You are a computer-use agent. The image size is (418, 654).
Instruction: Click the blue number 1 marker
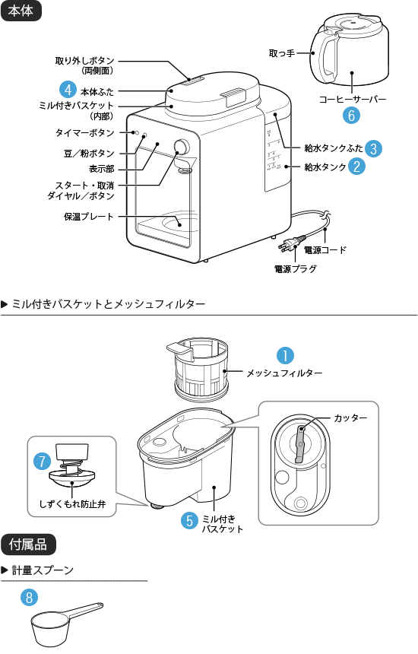(x=284, y=355)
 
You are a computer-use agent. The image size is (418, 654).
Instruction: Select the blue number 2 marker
(x=355, y=166)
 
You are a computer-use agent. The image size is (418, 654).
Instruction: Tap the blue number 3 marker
(x=373, y=149)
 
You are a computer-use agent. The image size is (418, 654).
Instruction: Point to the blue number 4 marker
(x=68, y=90)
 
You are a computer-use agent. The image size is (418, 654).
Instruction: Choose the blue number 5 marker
(x=189, y=521)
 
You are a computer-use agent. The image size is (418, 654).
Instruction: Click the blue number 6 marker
(x=350, y=115)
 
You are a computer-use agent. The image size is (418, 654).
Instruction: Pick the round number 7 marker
(x=43, y=461)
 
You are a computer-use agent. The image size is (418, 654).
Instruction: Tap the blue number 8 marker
(x=29, y=597)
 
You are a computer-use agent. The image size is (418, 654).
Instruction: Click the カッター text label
(x=350, y=418)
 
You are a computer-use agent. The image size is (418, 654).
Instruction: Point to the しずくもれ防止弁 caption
(x=72, y=503)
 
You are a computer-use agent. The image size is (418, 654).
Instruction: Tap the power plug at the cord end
(x=292, y=244)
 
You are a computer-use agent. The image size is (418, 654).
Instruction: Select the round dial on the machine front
(x=182, y=148)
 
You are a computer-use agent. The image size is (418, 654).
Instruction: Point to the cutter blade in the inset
(x=300, y=445)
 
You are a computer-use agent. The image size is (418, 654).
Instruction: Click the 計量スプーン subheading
(x=42, y=570)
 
